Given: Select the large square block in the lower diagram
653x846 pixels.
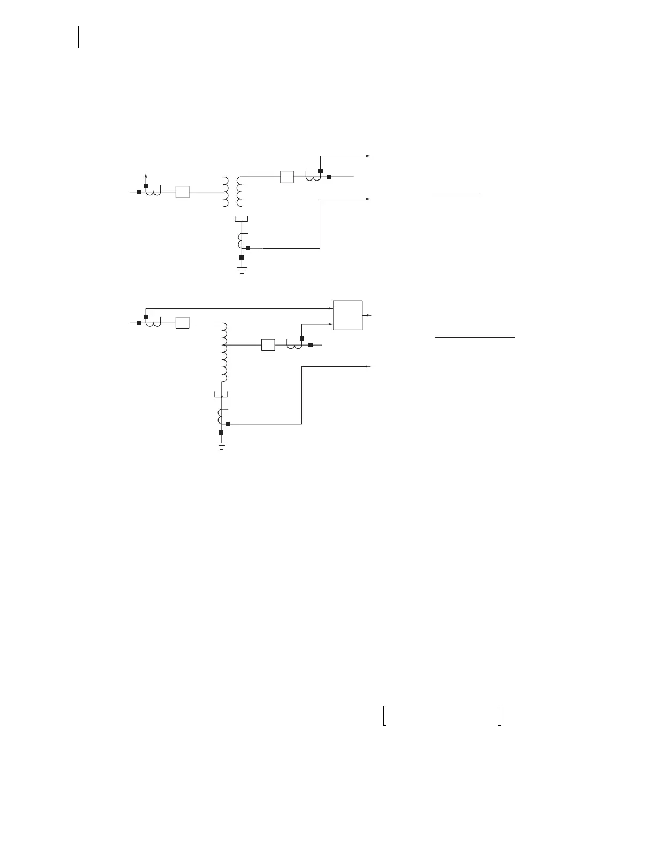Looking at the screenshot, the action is pos(348,315).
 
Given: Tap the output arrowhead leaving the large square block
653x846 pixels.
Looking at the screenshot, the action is pos(368,315).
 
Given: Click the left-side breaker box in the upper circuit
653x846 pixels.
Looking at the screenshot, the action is pos(183,192).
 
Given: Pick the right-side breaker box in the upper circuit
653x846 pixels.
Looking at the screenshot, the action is pos(287,177).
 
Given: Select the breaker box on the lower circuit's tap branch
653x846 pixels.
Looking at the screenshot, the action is pos(268,345).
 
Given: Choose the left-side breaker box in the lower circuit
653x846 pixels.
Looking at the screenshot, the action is pos(183,323).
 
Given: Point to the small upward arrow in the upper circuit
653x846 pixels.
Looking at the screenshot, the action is pos(146,176).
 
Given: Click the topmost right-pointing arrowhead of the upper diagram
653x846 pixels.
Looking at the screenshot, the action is pos(368,156).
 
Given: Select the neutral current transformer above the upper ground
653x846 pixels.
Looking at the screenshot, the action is pos(242,241).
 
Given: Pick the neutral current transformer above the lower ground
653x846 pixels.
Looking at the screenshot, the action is pos(221,417).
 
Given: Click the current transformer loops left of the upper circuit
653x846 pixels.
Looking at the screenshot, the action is pos(153,191).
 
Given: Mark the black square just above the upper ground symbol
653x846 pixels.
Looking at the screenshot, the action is pos(242,257).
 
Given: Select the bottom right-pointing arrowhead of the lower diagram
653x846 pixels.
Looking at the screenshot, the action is pos(368,367).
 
